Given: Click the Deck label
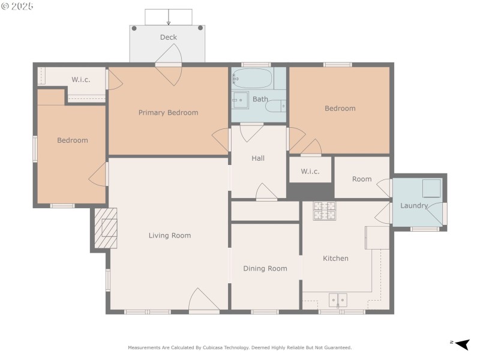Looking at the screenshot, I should click(168, 37).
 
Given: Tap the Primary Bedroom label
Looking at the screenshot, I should click(168, 112).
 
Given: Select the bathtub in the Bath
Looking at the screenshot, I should click(252, 78).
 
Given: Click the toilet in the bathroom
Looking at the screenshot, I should click(276, 107).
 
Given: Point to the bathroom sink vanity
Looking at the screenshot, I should click(241, 100).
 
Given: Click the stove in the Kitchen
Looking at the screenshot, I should click(325, 210).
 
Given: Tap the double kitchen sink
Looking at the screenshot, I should click(338, 299).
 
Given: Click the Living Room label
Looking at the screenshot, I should click(169, 235).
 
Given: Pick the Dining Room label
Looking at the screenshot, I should click(265, 268).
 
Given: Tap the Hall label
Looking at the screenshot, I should click(258, 158).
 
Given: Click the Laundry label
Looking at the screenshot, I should click(413, 206).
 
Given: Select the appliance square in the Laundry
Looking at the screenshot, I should click(431, 188).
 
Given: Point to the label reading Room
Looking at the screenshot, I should click(362, 179).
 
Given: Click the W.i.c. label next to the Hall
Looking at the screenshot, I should click(310, 171).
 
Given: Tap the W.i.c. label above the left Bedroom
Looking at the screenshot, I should click(81, 79).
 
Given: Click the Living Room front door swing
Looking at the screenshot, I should click(203, 300).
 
